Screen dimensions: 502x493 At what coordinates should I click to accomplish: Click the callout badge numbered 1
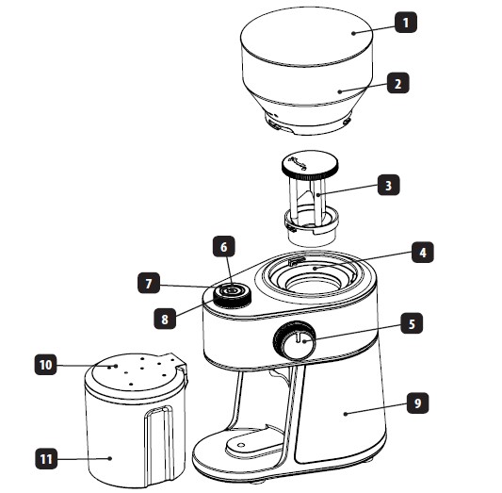(406, 23)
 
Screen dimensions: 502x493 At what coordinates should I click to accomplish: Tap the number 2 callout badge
(398, 83)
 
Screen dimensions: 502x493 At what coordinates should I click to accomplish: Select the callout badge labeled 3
(388, 185)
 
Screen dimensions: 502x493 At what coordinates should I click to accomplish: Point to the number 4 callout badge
(423, 253)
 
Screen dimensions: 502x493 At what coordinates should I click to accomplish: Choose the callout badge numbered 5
(412, 323)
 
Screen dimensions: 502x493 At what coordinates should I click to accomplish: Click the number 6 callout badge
(224, 247)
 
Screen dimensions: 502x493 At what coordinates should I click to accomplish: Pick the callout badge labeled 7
(149, 283)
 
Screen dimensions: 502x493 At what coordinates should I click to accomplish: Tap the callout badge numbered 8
(165, 319)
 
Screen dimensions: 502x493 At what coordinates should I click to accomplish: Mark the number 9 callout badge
(418, 403)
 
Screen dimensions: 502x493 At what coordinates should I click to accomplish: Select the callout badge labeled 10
(45, 364)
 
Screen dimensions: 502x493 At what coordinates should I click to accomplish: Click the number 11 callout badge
(46, 459)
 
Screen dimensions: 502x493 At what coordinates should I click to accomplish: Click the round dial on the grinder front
(295, 340)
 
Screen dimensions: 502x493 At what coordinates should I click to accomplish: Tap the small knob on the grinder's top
(232, 294)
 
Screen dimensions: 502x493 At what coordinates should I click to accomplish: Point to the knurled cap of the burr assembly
(309, 166)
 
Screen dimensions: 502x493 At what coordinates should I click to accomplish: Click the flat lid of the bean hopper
(306, 37)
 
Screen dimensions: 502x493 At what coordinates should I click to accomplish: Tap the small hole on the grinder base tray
(242, 444)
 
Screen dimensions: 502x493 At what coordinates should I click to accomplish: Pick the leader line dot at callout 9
(346, 414)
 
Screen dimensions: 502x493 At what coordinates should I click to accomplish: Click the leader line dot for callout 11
(110, 458)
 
